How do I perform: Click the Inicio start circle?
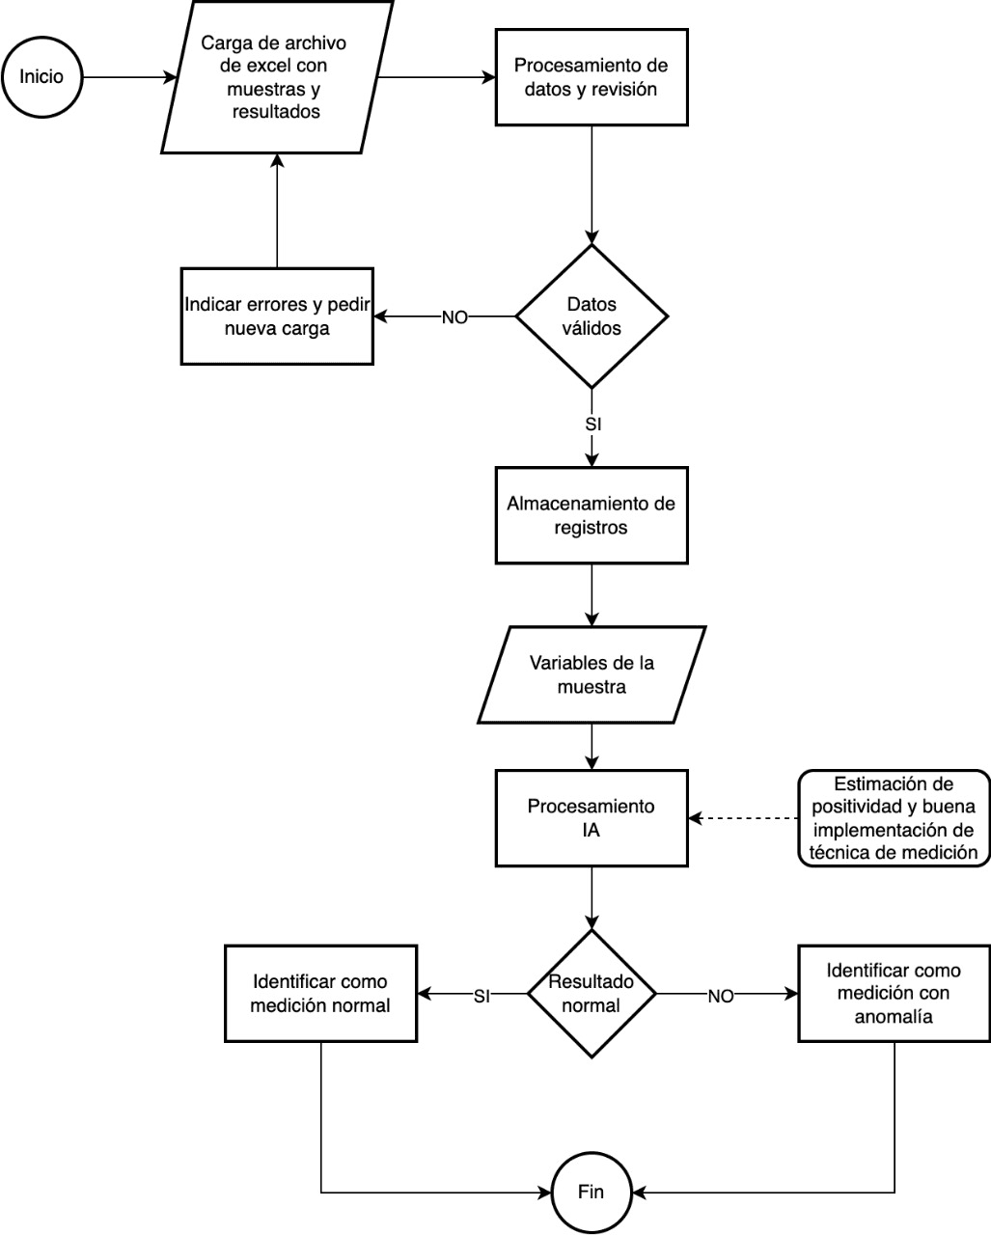pos(41,77)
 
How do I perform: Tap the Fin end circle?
pos(592,1192)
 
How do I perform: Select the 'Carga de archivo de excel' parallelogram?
pos(277,77)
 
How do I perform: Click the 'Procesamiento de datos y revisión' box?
pos(592,77)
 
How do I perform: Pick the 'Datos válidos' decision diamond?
pos(592,316)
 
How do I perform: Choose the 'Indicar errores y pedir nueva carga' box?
pos(277,316)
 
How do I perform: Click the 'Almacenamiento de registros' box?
pos(592,515)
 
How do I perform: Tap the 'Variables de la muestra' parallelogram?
pos(592,674)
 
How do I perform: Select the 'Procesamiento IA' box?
pos(592,818)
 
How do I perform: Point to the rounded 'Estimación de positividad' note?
pos(894,818)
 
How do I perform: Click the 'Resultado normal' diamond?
pos(592,994)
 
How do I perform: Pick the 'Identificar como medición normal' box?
pos(320,994)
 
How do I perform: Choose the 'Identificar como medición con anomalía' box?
pos(894,994)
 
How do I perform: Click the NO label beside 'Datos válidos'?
pos(454,317)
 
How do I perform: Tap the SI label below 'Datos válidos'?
pos(592,425)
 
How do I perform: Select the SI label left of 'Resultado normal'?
pos(482,997)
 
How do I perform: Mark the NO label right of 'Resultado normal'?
pos(721,997)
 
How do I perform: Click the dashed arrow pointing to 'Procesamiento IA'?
pos(743,818)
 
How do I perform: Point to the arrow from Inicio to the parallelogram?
pos(129,77)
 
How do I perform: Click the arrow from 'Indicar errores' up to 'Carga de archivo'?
pos(277,210)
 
